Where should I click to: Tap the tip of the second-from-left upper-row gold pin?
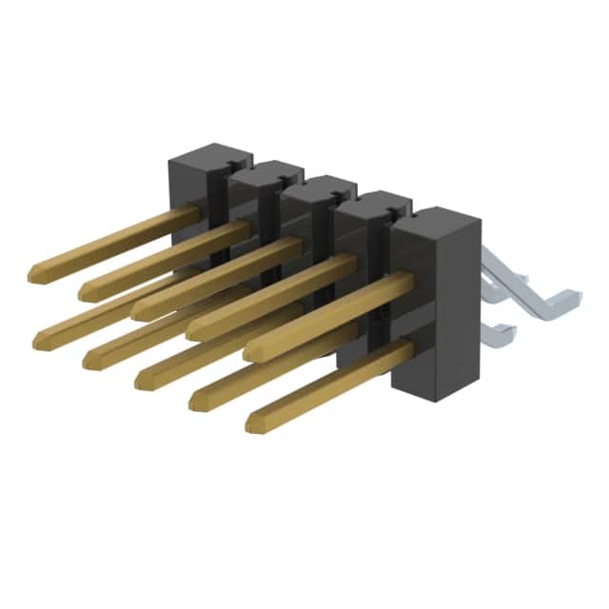[x=86, y=292]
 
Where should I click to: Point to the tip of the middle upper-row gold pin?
[x=139, y=311]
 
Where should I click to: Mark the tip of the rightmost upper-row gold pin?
[x=250, y=352]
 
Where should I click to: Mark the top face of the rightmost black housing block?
[x=434, y=221]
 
